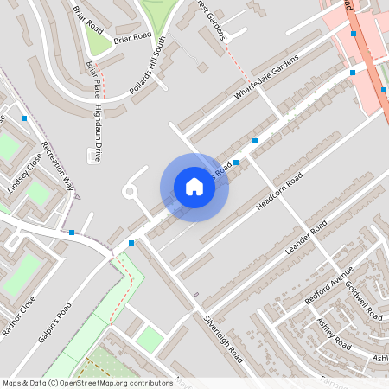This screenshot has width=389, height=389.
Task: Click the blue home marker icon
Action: pyautogui.click(x=194, y=187)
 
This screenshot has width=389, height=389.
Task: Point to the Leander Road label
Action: pyautogui.click(x=306, y=238)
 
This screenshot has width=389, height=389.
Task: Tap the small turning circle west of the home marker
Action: pyautogui.click(x=131, y=191)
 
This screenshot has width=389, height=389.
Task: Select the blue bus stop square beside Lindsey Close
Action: pyautogui.click(x=24, y=118)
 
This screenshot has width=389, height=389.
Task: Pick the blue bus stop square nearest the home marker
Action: pyautogui.click(x=236, y=162)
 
